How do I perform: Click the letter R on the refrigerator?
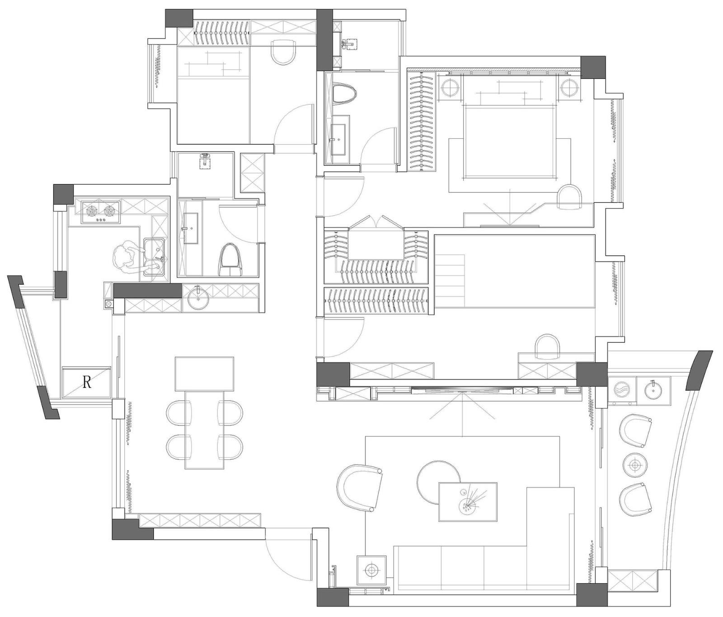(x=87, y=383)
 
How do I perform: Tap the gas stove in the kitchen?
(x=100, y=212)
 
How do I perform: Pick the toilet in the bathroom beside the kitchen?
(x=230, y=260)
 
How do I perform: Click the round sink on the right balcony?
(x=653, y=389)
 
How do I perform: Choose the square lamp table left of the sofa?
(x=371, y=570)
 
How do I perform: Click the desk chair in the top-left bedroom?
(x=283, y=51)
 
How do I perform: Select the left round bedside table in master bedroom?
(x=451, y=87)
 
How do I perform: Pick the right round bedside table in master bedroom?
(x=569, y=87)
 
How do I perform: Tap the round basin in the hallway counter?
(x=197, y=298)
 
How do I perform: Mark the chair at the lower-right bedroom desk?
(x=547, y=347)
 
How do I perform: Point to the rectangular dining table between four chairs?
(x=205, y=429)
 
